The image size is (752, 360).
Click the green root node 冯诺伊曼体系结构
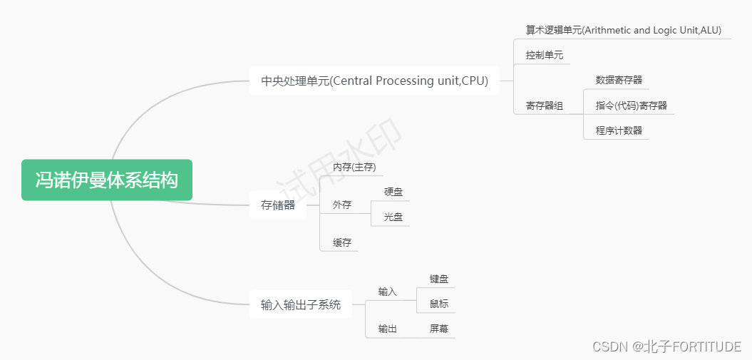click(x=107, y=180)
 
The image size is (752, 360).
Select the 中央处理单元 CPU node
click(x=374, y=81)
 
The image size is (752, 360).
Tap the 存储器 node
click(x=278, y=205)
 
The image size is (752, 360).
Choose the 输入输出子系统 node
click(x=301, y=305)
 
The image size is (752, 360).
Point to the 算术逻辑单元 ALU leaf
click(x=623, y=30)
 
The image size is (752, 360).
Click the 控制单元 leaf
click(x=545, y=55)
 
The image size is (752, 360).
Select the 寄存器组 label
click(x=545, y=106)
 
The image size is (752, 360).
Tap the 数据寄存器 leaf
click(x=619, y=80)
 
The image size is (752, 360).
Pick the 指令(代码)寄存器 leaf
click(x=631, y=106)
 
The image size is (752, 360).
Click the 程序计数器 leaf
click(x=619, y=130)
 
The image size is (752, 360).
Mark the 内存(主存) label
click(x=354, y=167)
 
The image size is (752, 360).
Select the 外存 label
click(x=342, y=205)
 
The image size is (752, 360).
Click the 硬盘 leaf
click(x=393, y=191)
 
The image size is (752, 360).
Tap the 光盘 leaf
click(x=393, y=217)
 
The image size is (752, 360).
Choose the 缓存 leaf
click(x=342, y=242)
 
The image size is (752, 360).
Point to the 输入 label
click(x=388, y=292)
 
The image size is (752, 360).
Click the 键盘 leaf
click(x=439, y=279)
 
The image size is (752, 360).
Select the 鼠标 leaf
click(x=439, y=304)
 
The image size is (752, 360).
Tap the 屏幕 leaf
click(x=439, y=329)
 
